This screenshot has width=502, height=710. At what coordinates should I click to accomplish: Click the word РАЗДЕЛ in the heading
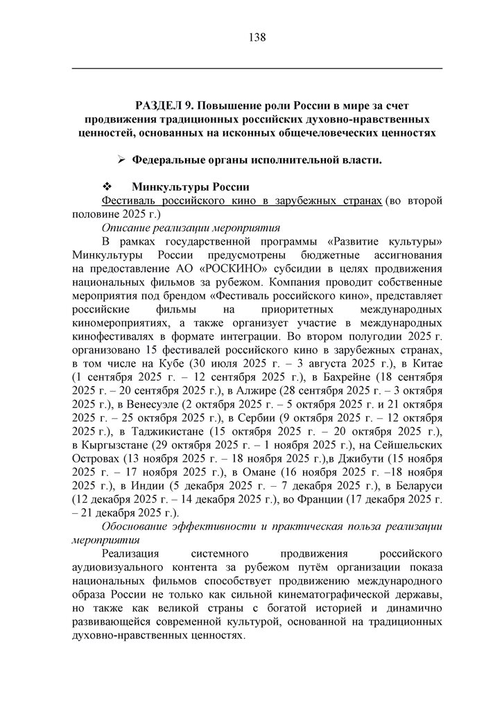tap(160, 105)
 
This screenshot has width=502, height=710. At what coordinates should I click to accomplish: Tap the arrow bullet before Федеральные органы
tap(121, 160)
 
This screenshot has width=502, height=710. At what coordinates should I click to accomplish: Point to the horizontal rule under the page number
tap(257, 68)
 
